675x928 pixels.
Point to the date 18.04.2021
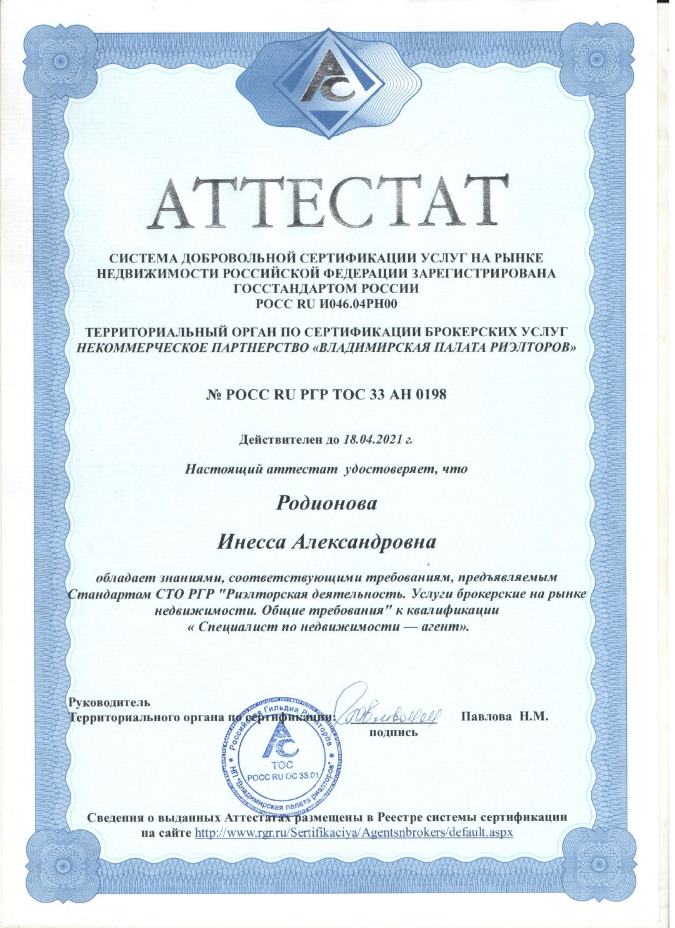point(373,439)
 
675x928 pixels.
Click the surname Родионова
point(327,503)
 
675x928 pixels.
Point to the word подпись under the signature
point(394,732)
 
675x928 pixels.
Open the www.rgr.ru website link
point(354,833)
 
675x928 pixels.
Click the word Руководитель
point(110,702)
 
